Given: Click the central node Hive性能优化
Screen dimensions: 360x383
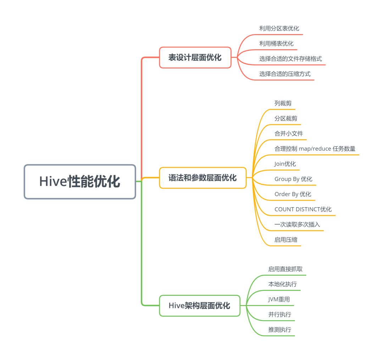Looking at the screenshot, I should point(80,182).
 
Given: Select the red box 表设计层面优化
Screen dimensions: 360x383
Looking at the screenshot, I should point(195,57).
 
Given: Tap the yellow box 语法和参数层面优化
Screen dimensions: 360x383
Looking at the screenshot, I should point(202,178).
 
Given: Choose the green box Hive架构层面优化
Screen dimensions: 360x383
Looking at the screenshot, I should point(200,305).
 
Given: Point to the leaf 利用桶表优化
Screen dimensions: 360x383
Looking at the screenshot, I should point(276,44).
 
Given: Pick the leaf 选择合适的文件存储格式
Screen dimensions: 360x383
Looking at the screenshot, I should point(290,59).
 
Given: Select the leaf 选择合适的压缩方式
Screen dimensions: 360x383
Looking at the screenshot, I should point(285,74).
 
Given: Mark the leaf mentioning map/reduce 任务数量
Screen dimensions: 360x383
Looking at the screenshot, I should point(315,149).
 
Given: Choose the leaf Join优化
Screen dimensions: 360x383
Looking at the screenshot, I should point(285,164).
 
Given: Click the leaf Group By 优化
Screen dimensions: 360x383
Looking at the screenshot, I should point(293,179).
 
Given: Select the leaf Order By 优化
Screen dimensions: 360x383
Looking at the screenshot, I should point(293,194).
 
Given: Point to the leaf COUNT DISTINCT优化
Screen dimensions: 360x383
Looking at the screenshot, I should point(303,209).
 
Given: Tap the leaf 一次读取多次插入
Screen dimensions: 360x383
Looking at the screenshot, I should point(295,225).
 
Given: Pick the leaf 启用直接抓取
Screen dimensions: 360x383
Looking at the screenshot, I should point(285,269).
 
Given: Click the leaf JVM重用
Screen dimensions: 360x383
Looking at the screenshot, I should point(279,299).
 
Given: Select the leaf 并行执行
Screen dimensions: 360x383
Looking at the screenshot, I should point(280,315).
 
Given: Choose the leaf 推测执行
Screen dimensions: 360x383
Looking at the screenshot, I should point(280,329).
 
